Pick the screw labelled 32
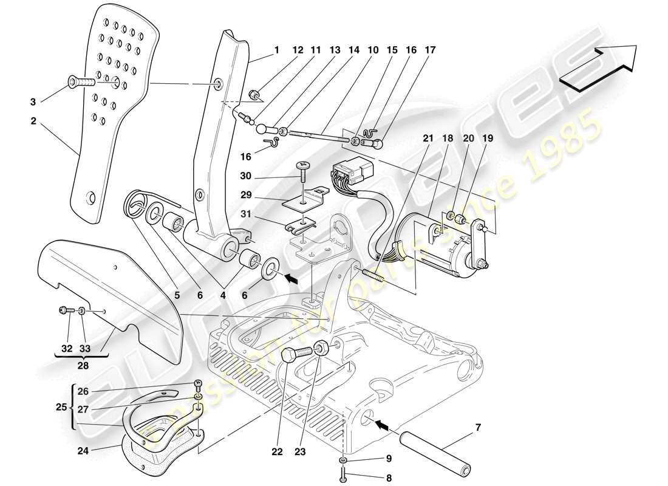(x=64, y=310)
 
